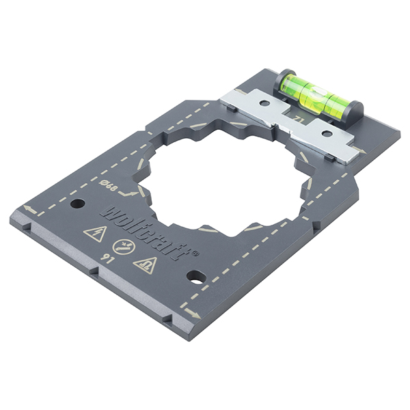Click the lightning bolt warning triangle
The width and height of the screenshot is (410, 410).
[x=94, y=234]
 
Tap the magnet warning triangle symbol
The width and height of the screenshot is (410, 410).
[x=146, y=264]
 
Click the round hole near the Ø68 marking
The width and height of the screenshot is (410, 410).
[x=77, y=203]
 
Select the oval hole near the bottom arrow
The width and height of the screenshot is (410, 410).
[x=196, y=277]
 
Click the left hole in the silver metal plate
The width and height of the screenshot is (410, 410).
[x=263, y=105]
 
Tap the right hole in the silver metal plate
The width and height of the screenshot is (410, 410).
[x=327, y=133]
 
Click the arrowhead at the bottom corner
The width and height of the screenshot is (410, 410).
[x=193, y=314]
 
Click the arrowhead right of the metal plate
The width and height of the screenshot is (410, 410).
[x=361, y=152]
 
